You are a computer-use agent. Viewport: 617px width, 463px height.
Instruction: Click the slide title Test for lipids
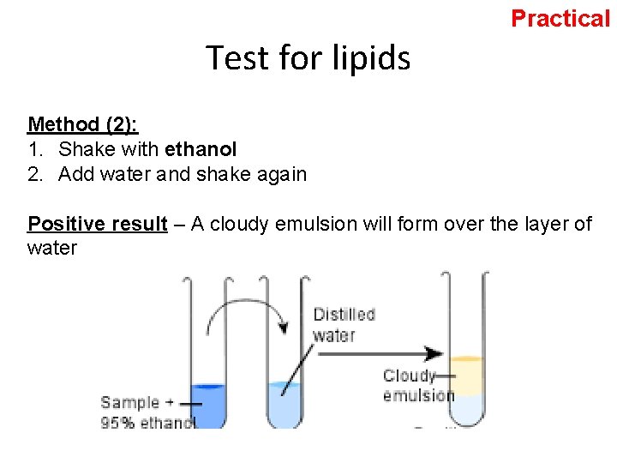(x=308, y=58)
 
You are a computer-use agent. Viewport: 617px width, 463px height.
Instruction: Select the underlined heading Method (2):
(x=82, y=124)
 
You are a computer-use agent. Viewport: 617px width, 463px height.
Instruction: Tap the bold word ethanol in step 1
(x=201, y=149)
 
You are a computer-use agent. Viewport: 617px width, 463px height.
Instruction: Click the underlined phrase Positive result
(x=97, y=225)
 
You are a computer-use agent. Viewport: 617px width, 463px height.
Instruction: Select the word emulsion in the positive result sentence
(x=330, y=225)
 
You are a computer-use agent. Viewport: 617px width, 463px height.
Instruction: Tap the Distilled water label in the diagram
(x=344, y=324)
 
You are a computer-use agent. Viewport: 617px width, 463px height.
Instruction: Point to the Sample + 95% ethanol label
(x=146, y=412)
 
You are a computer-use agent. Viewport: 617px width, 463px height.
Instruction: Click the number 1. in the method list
(x=35, y=149)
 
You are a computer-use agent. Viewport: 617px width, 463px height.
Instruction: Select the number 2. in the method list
(x=35, y=174)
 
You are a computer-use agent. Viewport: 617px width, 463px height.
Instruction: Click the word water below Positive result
(x=52, y=249)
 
